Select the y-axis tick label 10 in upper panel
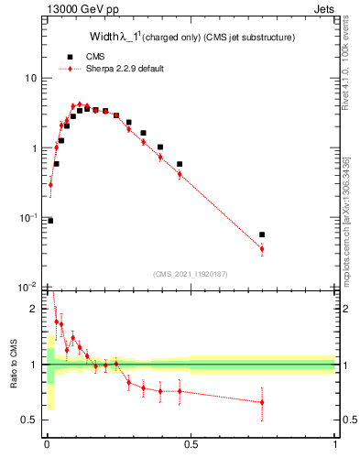tap(30, 79)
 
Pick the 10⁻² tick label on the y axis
tap(28, 287)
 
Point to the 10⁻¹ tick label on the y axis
tap(28, 218)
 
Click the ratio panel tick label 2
tap(36, 309)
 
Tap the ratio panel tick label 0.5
tap(32, 420)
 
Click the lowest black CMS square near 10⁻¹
tap(50, 220)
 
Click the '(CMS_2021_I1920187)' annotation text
tap(191, 274)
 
